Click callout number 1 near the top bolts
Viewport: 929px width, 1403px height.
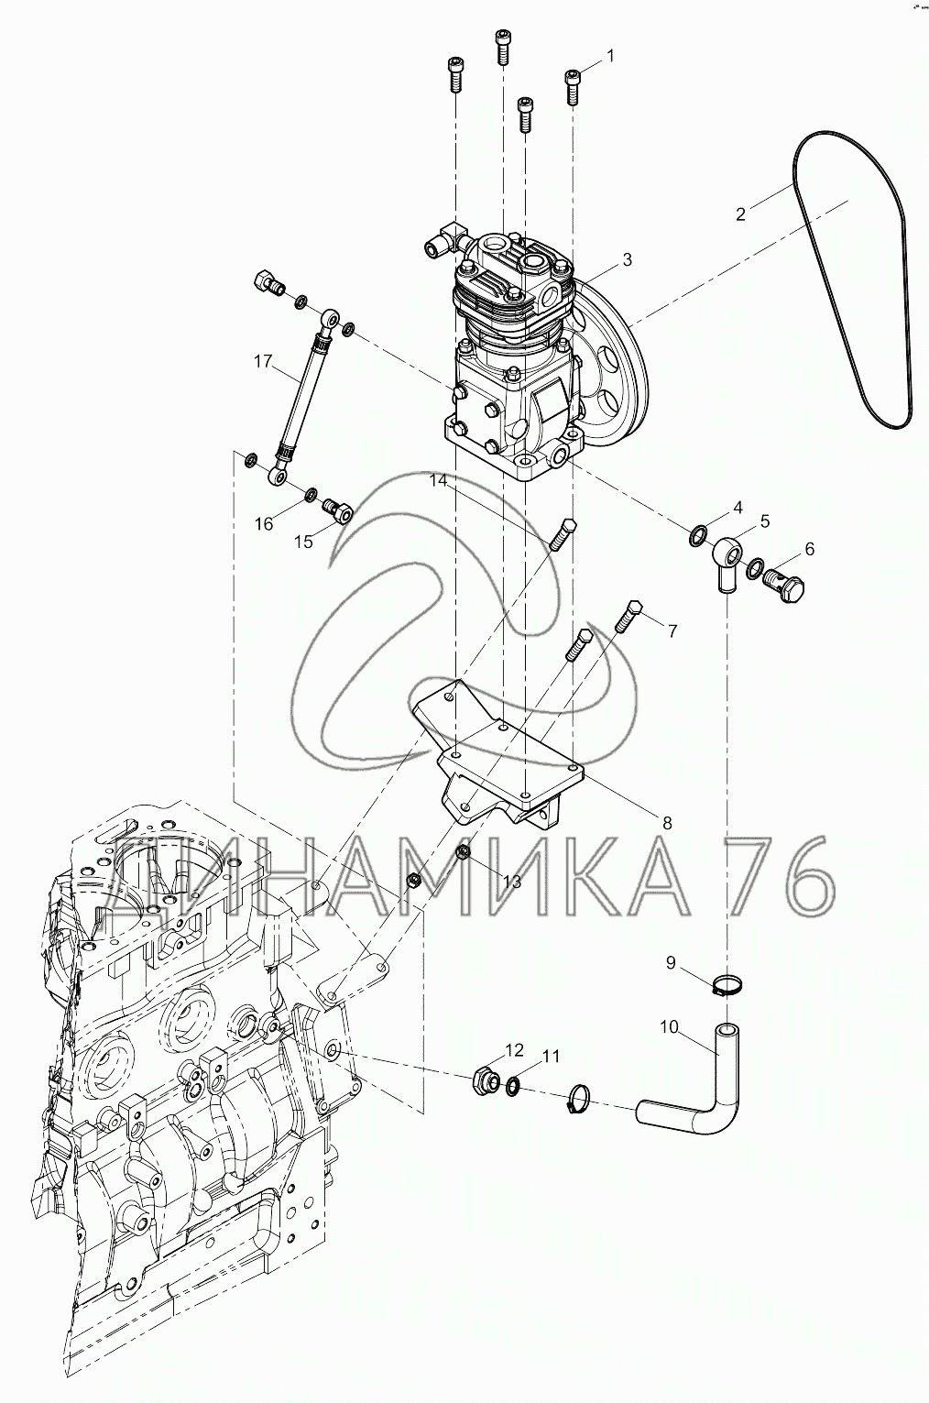(610, 57)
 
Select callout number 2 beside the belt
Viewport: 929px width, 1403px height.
(740, 214)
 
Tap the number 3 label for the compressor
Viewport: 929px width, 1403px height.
(627, 260)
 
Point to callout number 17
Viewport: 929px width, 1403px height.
(263, 362)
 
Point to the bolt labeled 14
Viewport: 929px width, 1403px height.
(561, 533)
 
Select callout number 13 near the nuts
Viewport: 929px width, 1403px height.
(510, 882)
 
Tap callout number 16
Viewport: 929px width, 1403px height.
(264, 524)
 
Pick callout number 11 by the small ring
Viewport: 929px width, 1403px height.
(550, 1057)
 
